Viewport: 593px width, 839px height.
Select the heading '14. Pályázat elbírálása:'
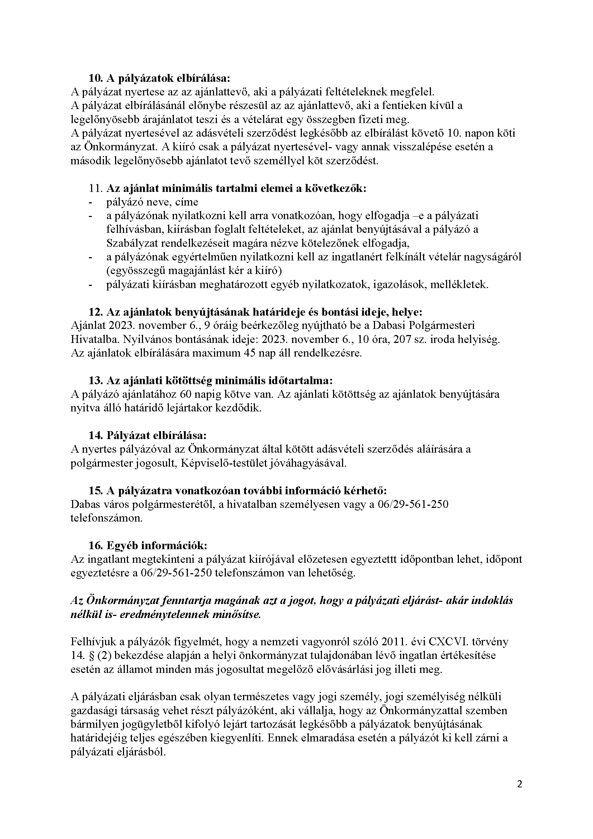(147, 435)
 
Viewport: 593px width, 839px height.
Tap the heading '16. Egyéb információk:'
(148, 546)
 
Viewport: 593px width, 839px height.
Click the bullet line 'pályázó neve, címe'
(152, 202)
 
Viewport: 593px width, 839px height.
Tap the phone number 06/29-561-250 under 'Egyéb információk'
(176, 573)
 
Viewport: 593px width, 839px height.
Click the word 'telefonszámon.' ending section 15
(106, 518)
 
